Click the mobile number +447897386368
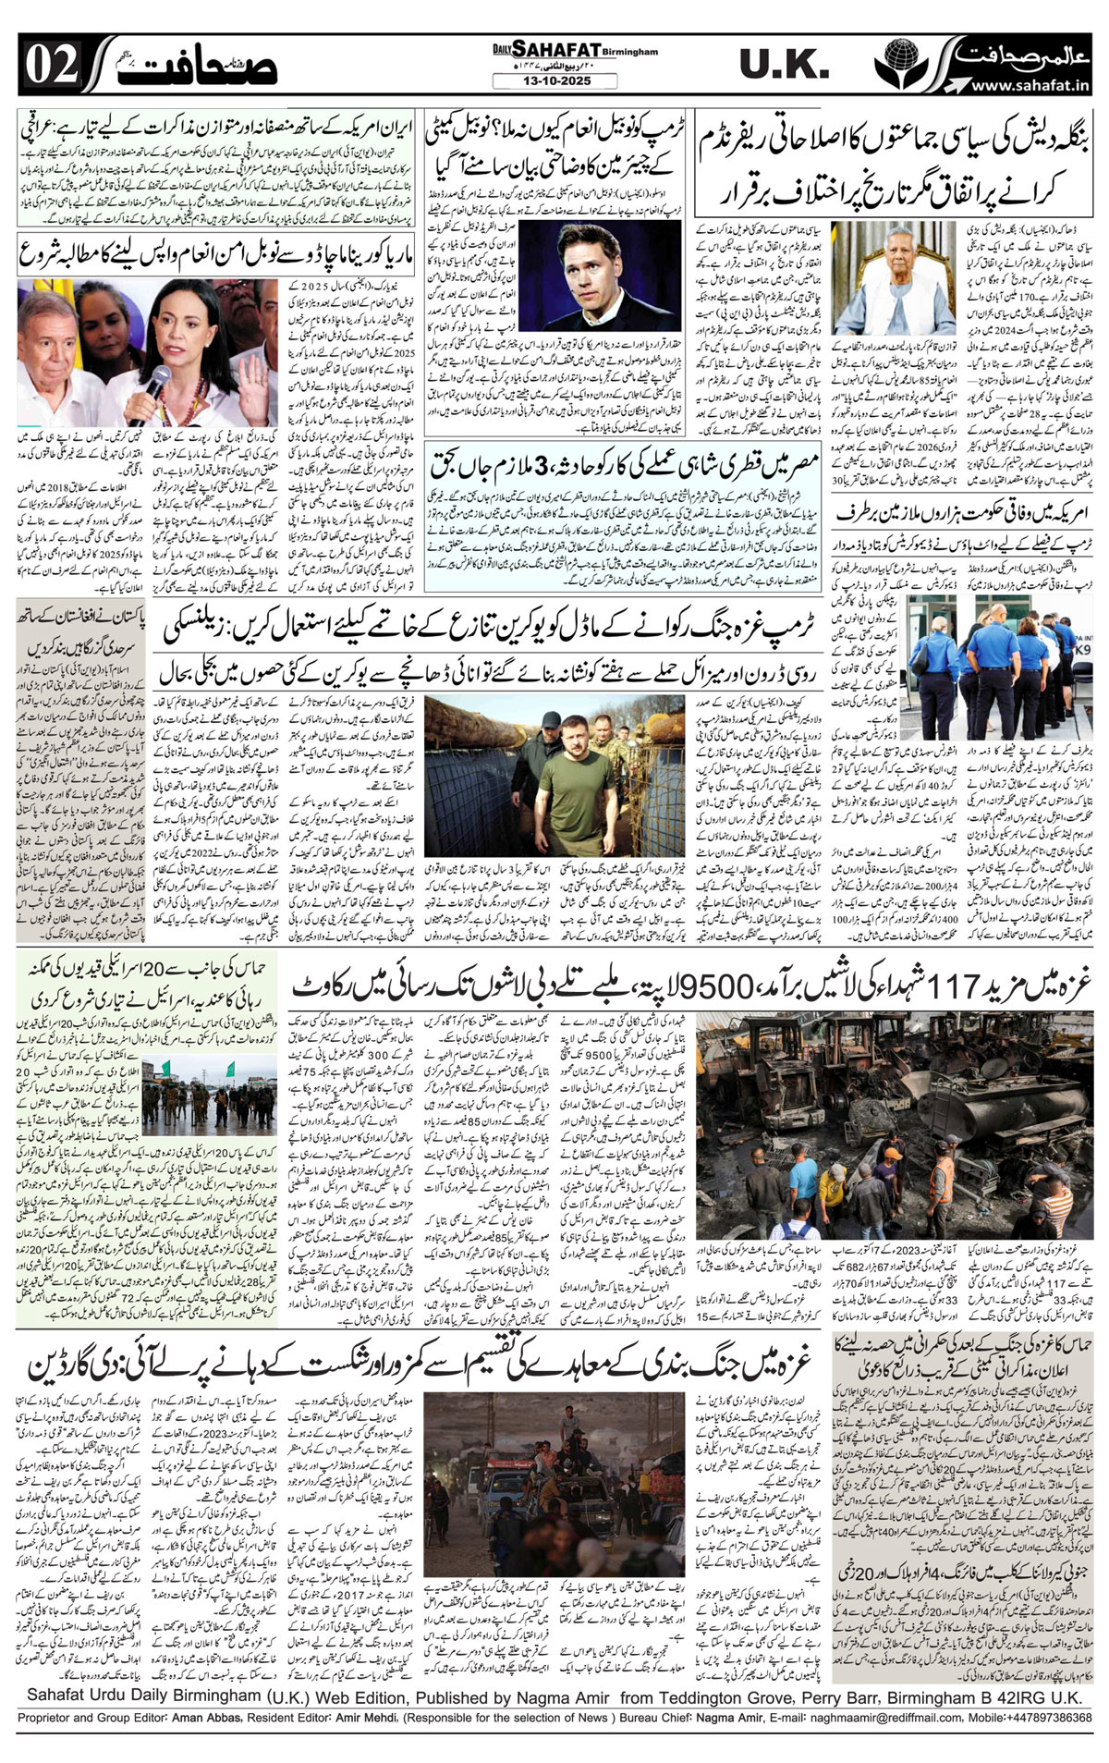(x=1044, y=1717)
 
